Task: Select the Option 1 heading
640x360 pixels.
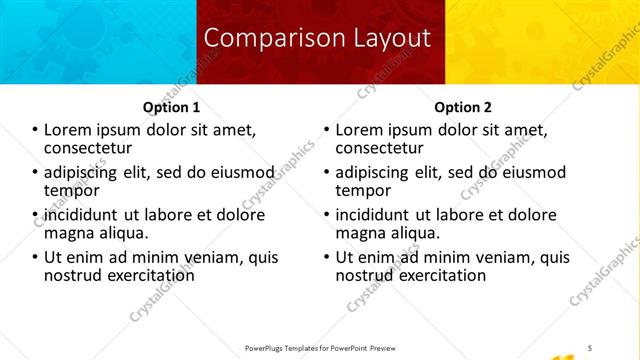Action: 173,107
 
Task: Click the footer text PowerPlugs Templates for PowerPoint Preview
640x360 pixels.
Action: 319,347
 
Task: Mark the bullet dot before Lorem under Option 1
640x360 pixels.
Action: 35,130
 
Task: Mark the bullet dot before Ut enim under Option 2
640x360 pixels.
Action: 327,257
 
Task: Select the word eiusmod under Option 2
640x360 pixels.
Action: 530,172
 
